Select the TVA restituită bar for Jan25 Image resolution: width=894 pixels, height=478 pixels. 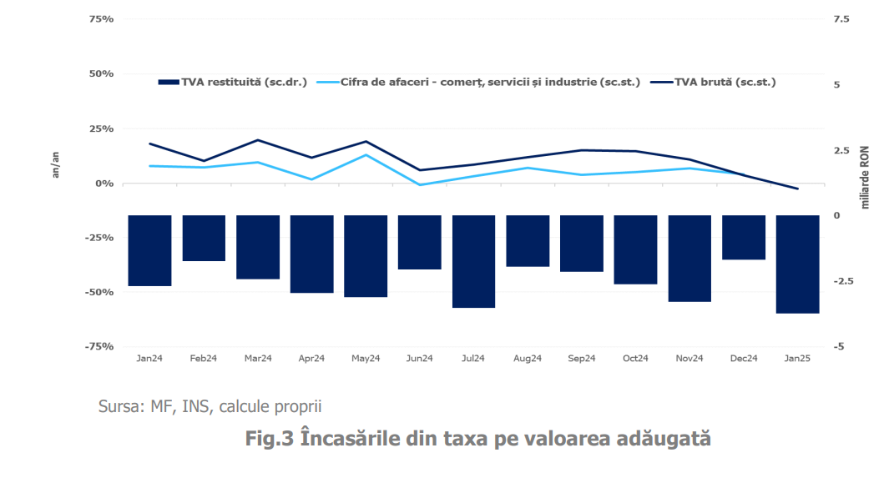(797, 264)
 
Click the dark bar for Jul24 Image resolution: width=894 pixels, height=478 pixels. (473, 261)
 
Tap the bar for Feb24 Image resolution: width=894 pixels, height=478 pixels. (204, 238)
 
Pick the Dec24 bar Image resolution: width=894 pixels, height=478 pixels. (744, 237)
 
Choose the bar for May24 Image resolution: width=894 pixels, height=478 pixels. (366, 255)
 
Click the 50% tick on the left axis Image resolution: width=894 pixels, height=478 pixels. (101, 73)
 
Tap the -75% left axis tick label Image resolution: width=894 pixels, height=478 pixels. (99, 346)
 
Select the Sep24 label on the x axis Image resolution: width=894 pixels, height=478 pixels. (581, 359)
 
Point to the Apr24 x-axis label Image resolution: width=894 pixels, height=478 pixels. (311, 359)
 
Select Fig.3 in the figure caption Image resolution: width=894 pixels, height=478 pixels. (269, 438)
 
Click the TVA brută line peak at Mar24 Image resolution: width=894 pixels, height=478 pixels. (258, 140)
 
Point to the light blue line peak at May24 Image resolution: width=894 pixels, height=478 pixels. (366, 155)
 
